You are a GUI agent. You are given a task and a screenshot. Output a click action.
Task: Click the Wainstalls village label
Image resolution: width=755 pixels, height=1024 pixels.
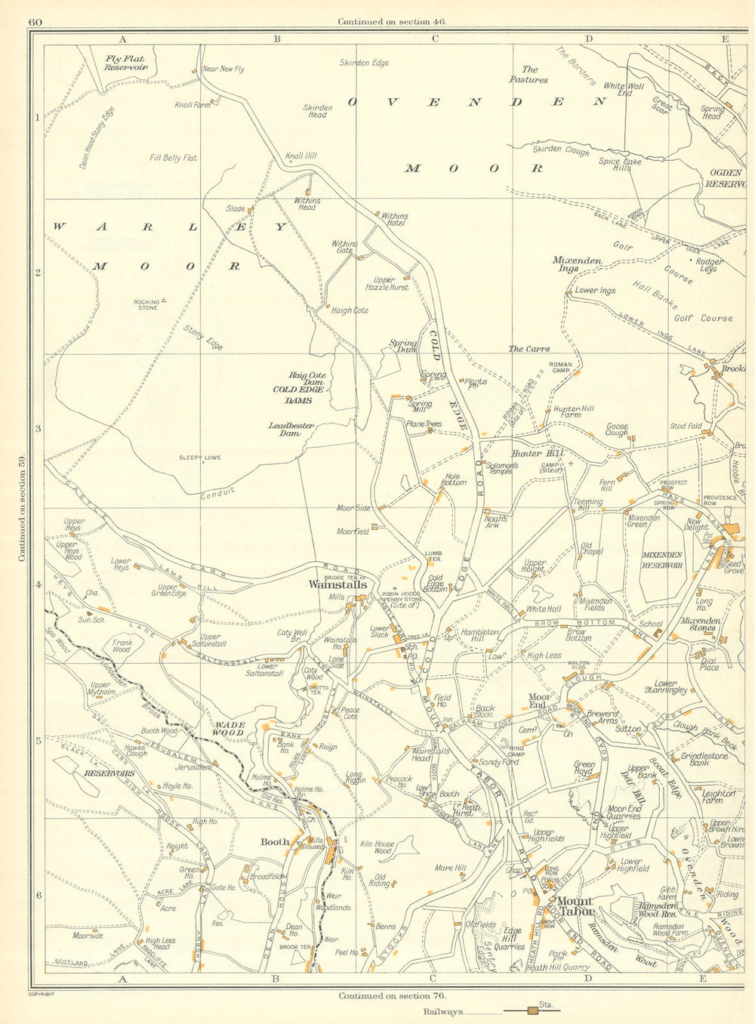point(337,584)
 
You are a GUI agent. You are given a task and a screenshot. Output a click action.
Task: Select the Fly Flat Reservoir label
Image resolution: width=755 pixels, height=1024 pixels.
point(126,63)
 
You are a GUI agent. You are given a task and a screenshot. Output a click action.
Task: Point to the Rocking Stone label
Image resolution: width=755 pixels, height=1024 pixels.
point(147,304)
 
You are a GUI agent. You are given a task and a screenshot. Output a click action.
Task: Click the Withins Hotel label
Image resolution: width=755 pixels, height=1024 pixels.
point(394,220)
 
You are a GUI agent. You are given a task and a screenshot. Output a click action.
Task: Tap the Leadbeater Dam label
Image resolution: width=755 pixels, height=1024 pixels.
point(291,429)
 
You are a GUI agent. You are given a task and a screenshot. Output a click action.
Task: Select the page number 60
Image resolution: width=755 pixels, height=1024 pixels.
point(35,22)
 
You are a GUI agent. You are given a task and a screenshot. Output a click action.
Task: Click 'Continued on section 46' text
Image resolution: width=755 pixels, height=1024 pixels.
point(393,22)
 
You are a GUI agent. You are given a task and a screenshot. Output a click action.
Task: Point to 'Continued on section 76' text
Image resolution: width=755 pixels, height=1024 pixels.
point(393,995)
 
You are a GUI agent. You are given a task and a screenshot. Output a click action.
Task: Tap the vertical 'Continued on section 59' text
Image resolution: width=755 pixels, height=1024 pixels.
point(22,508)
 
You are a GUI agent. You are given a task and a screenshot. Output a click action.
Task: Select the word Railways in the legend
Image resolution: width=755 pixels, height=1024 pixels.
point(442,1012)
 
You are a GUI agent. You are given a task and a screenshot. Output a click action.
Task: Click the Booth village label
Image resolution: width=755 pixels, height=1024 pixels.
point(275,842)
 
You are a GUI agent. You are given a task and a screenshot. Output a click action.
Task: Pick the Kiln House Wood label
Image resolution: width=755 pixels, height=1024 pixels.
point(377,848)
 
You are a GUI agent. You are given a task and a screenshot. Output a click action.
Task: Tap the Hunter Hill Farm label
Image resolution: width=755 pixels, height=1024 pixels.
point(578,412)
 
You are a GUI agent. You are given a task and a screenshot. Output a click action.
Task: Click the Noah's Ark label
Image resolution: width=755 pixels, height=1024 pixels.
point(495,522)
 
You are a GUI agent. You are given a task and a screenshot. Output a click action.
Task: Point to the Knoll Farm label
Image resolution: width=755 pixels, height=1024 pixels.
point(193,105)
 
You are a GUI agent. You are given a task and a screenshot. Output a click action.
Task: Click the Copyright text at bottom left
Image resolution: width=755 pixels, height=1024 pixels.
point(42,995)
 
